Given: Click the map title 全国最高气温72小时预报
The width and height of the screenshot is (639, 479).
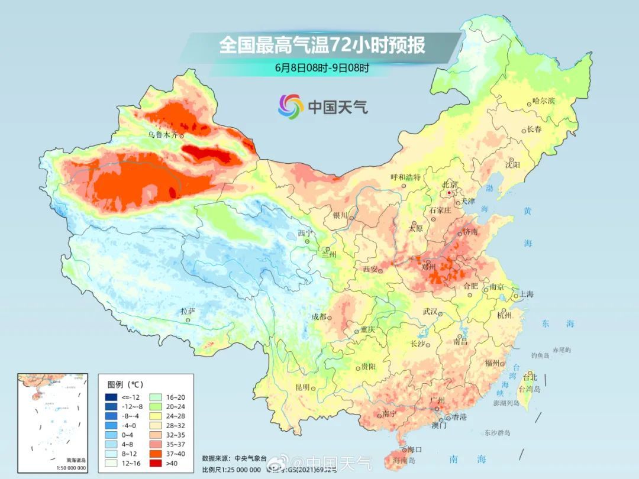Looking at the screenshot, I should click(x=322, y=46).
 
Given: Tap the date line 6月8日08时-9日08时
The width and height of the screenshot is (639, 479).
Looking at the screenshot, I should click(x=322, y=67).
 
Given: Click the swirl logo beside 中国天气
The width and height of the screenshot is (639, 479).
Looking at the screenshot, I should click(x=291, y=106).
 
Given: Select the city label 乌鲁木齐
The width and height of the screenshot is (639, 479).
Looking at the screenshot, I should click(x=162, y=135).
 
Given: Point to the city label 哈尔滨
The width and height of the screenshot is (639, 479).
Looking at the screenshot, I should click(x=544, y=101).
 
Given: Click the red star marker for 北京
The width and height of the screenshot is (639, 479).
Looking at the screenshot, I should click(x=450, y=193).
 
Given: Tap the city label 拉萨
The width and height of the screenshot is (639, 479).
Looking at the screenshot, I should click(x=188, y=311).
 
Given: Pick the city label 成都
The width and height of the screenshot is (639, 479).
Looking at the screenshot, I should click(x=319, y=316).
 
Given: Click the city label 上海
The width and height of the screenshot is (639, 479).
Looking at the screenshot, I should click(x=526, y=294).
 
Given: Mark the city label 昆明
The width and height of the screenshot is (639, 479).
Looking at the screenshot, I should click(x=302, y=387).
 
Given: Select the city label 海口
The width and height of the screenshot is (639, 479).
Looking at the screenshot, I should click(x=414, y=450).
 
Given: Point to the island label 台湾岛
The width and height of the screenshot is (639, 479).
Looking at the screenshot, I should click(x=530, y=389).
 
